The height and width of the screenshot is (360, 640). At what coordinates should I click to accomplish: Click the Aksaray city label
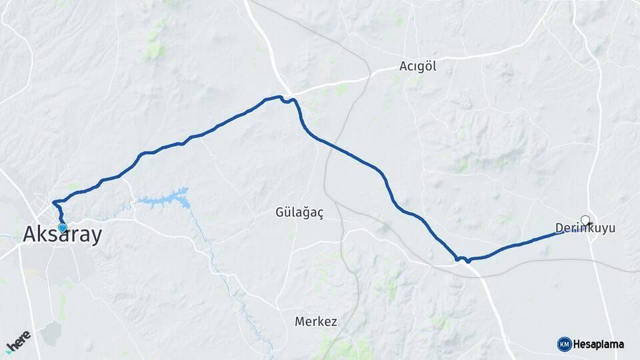(63, 235)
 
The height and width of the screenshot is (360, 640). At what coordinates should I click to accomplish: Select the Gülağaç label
(299, 213)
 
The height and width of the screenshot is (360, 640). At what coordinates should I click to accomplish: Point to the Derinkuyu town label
(585, 229)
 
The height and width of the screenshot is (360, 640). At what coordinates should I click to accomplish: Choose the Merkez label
(315, 321)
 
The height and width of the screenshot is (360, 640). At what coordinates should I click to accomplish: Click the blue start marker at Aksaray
(63, 227)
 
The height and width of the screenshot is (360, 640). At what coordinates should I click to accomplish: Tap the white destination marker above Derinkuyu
(585, 220)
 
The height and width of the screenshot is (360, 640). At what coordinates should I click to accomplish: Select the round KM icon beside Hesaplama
(564, 344)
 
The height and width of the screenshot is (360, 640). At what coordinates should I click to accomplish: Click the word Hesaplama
(599, 345)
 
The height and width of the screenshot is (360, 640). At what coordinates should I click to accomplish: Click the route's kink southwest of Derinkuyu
(463, 259)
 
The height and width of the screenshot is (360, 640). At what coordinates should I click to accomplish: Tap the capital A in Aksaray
(31, 235)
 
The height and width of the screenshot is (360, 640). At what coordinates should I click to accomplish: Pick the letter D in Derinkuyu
(559, 229)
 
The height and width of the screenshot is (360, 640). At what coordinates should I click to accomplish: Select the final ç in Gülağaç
(320, 213)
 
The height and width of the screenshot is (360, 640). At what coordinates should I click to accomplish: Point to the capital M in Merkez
(299, 321)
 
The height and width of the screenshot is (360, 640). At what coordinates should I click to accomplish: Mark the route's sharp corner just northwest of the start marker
(53, 201)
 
